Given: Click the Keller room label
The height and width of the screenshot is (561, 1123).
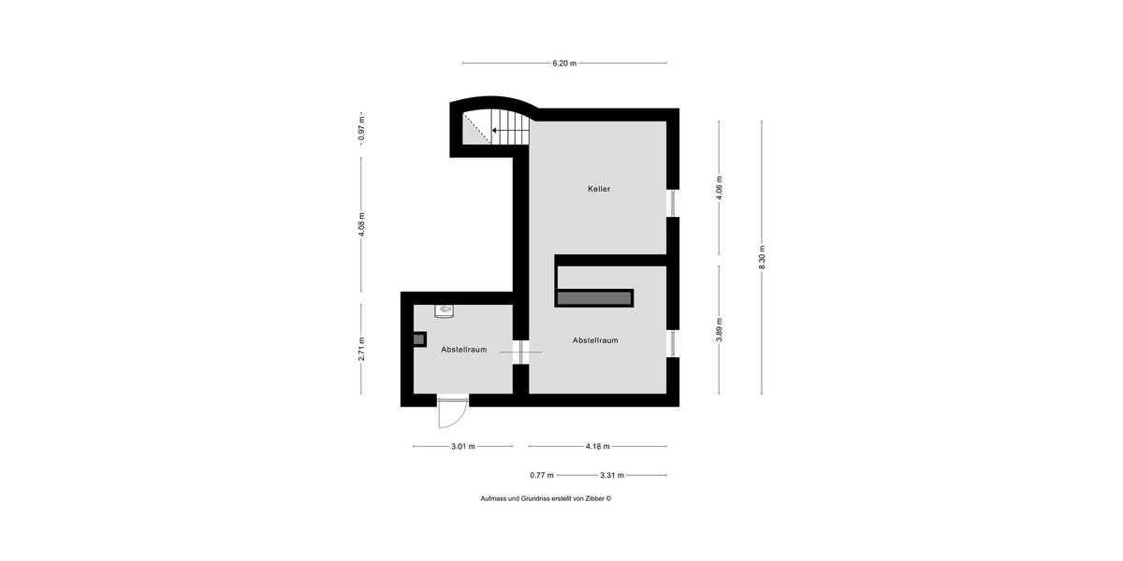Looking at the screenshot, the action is point(599,189).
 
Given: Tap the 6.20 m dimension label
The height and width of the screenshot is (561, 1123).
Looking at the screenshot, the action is point(564,64).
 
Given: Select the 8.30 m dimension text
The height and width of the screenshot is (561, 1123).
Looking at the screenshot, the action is point(762,257).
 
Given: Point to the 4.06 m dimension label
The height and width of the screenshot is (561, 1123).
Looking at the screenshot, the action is point(719,188).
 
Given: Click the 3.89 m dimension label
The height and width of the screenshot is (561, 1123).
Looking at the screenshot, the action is point(719,330).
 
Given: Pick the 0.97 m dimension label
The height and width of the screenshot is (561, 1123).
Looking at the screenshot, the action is point(361,129).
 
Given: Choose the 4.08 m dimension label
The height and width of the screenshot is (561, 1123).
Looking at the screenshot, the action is point(361,225).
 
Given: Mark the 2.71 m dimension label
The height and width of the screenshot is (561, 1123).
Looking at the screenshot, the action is point(361,349).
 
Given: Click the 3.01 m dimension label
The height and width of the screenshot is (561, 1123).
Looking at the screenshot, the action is point(463,446).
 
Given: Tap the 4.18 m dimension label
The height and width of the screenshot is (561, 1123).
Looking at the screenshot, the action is point(598,446).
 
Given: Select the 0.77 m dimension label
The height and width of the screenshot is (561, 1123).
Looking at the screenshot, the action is point(542,475).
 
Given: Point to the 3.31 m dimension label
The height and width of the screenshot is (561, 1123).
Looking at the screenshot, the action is point(612,475).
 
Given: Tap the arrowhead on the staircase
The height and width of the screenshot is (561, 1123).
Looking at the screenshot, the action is point(494,130).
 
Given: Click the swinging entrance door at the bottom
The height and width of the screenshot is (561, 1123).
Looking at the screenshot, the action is point(453,412).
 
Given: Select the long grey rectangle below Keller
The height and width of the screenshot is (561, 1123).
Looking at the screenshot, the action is point(594,298).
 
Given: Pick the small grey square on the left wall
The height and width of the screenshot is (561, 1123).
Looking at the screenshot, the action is point(419,339).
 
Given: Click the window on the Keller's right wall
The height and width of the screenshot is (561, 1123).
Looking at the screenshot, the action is point(673,204).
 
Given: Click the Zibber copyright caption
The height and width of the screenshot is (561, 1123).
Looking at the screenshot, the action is point(546,499).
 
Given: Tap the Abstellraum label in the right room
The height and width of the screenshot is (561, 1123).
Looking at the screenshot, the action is point(595,340).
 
